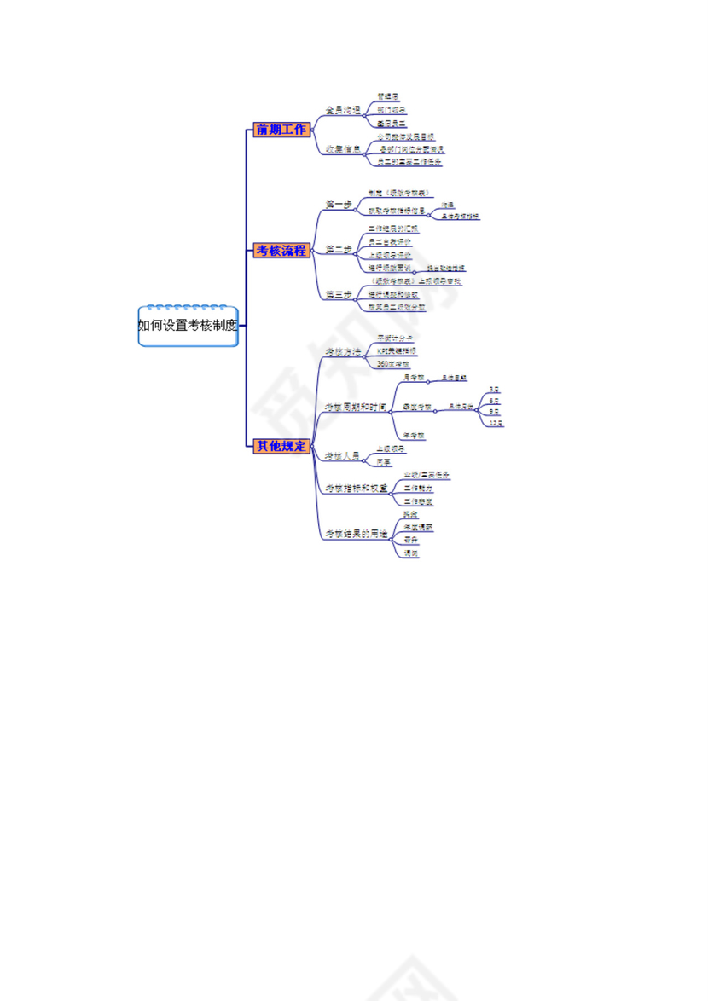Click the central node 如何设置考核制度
coord(188,325)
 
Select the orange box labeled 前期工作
coord(281,130)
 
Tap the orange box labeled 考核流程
coord(281,250)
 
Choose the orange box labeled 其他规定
coord(281,445)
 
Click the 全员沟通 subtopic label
coord(342,111)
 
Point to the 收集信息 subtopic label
coord(342,149)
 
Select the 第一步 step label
coord(339,205)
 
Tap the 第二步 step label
coord(339,250)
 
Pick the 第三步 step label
coord(339,294)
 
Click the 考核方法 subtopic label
coord(342,351)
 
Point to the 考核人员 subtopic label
coord(342,456)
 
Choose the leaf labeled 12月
coord(496,422)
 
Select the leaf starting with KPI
coord(397,350)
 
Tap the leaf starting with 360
coord(393,363)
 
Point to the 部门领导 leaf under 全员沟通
coord(392,111)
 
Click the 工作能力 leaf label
coord(417,489)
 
